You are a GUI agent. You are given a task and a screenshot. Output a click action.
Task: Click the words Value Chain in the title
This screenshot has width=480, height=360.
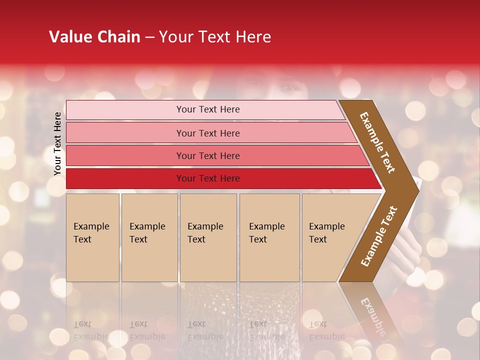tap(94, 37)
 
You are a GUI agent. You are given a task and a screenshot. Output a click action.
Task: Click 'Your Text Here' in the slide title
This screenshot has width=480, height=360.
tap(215, 37)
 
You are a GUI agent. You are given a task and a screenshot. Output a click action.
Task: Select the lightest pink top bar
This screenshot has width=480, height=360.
tap(125, 109)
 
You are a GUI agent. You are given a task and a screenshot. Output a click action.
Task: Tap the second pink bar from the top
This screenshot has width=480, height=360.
tap(125, 133)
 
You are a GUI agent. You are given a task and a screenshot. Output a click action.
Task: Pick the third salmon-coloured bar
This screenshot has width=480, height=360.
tap(125, 155)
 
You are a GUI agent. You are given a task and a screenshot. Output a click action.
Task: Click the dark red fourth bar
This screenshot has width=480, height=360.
tap(125, 178)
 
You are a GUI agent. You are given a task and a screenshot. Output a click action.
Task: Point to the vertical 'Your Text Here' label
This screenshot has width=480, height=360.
tap(57, 143)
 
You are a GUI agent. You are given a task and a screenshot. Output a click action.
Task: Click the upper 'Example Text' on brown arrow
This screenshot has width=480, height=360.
tap(377, 142)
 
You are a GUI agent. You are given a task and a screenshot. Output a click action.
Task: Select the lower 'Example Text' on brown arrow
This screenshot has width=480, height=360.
tap(379, 236)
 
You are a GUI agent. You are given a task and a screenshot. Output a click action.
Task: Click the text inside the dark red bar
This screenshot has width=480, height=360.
tap(208, 178)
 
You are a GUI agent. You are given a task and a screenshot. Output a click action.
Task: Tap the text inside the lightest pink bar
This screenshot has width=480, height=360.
tap(208, 109)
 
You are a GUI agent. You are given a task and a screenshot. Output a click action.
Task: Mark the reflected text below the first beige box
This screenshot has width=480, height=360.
tap(91, 330)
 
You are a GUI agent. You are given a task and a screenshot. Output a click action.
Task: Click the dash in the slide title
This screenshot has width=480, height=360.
tap(149, 37)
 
